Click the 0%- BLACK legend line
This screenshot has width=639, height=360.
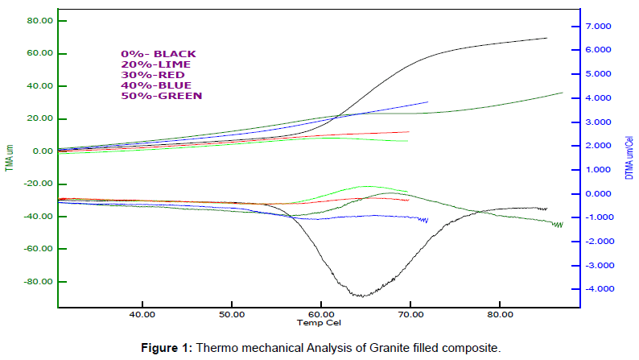(158, 54)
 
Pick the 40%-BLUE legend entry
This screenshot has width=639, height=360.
(156, 85)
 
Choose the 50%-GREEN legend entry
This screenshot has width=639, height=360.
(161, 96)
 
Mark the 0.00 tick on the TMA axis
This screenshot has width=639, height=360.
(43, 151)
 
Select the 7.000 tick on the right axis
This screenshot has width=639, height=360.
(600, 27)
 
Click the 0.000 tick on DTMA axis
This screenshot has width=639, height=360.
(600, 194)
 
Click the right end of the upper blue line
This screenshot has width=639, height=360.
(427, 102)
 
